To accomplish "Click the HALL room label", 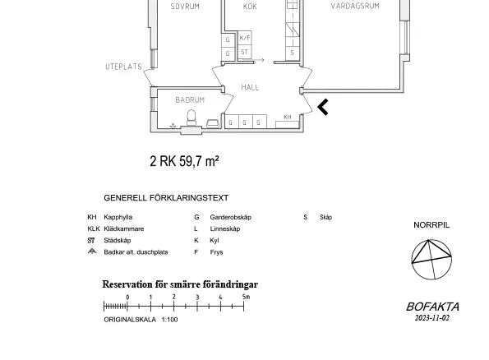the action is click(x=250, y=87).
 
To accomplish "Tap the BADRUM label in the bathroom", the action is click(x=190, y=99).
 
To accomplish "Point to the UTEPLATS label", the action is click(x=123, y=67).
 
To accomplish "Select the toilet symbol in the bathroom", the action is click(x=191, y=118).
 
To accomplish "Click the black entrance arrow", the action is click(x=322, y=107).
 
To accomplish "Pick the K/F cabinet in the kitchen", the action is click(x=245, y=38).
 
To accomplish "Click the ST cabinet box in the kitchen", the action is click(x=245, y=52).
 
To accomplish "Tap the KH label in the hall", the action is click(x=288, y=117).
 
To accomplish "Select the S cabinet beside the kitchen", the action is click(x=293, y=53).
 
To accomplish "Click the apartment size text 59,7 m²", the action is click(x=199, y=161).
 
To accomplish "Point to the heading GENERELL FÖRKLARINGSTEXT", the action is click(x=166, y=198).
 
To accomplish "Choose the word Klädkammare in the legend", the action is click(x=124, y=228).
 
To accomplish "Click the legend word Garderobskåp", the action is click(x=230, y=217).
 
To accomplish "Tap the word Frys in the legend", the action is click(x=216, y=252).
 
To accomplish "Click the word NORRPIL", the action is click(x=431, y=225).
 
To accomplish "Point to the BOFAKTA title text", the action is click(x=432, y=307).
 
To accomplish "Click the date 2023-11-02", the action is click(x=432, y=318).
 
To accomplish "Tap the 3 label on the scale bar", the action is click(x=197, y=297).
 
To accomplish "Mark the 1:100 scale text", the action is click(x=169, y=320).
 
